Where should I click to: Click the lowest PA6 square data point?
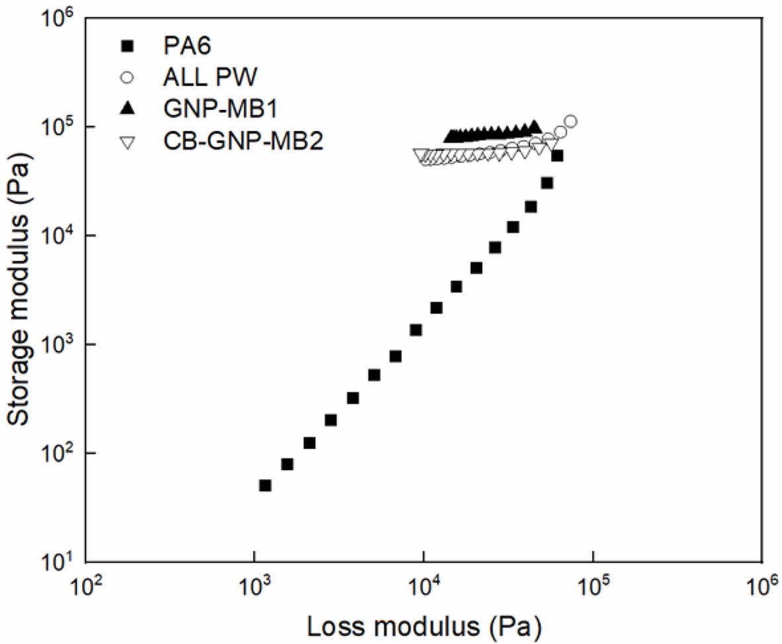(x=265, y=485)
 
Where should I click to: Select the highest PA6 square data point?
(x=558, y=156)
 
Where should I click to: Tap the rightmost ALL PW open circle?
(x=571, y=121)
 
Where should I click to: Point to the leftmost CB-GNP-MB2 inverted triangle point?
(x=419, y=154)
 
